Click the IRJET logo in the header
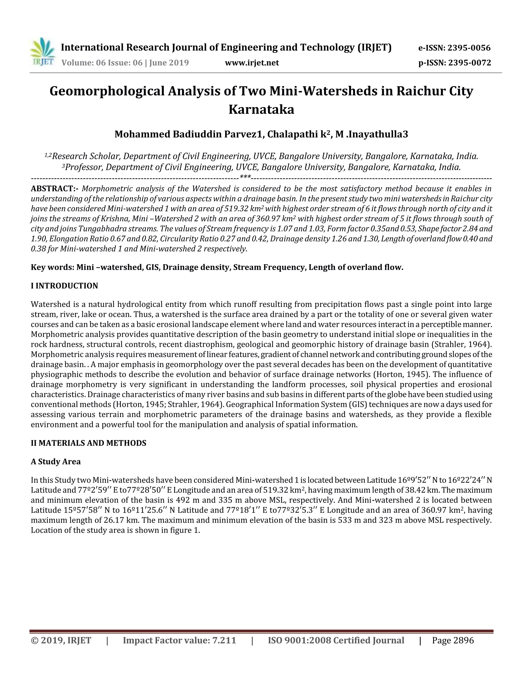tap(43, 52)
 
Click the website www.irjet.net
tap(252, 63)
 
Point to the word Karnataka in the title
tap(261, 109)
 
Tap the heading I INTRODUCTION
tap(64, 286)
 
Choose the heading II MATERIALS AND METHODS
tap(88, 443)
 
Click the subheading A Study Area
tap(55, 461)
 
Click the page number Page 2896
tap(453, 640)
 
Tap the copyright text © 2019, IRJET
tap(61, 640)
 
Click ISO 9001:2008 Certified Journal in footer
tap(336, 640)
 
